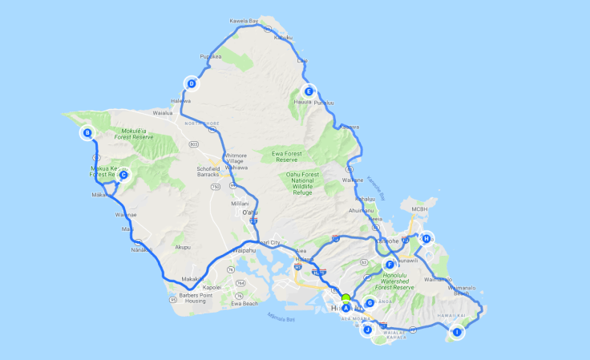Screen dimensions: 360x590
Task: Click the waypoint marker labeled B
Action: pos(87,133)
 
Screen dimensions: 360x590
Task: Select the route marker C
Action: pos(123,175)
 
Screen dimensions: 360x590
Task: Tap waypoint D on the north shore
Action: pos(192,83)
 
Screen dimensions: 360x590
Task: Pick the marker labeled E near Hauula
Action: pos(309,91)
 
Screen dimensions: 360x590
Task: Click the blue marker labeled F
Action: pos(390,265)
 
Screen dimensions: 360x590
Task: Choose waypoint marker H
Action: pos(426,238)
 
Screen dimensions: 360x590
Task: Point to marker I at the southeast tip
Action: pos(457,332)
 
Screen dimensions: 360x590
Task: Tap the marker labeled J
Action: pos(368,330)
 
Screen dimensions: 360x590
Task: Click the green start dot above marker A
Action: pos(346,298)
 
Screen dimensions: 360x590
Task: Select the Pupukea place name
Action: pos(210,57)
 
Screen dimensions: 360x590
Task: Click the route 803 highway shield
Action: pos(194,144)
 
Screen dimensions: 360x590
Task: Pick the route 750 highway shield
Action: pos(215,187)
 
